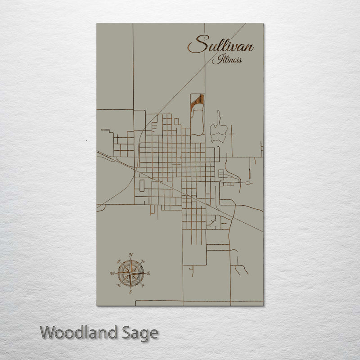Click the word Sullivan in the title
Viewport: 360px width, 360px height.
point(220,45)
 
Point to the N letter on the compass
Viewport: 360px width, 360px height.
point(131,255)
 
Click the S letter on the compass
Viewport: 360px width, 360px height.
point(130,292)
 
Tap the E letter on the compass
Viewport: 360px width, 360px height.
point(149,273)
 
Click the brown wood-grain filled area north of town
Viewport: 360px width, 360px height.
point(197,101)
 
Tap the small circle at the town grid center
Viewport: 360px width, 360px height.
point(180,158)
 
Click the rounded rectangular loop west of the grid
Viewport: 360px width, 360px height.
point(143,185)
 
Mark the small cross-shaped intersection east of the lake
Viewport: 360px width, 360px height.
point(230,133)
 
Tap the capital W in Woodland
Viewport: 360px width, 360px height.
point(48,333)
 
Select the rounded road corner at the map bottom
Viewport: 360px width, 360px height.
point(137,301)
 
